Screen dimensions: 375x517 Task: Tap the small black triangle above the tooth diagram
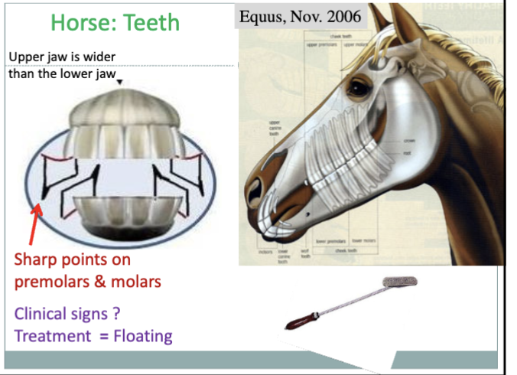(120, 82)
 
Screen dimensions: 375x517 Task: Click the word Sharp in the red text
(34, 259)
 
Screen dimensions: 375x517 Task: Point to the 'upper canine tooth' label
(274, 126)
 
